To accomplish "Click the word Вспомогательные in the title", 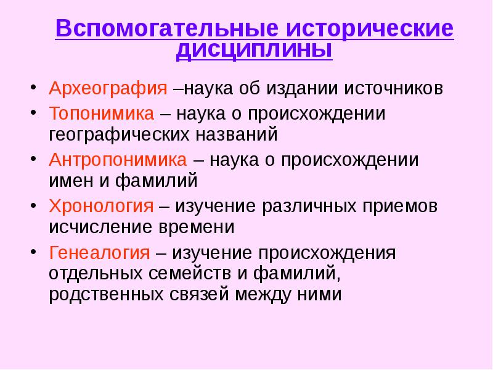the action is pos(167,29).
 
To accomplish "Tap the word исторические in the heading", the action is pos(370,29).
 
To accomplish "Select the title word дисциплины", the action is pos(254,50).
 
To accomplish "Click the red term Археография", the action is pos(108,88).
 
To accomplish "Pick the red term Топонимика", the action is pos(102,113).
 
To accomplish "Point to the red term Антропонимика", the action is pos(118,160).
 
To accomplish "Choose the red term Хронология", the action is pos(101,207).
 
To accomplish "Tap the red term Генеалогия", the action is pos(99,253).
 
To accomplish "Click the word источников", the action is pos(393,88).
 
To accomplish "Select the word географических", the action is pos(119,134).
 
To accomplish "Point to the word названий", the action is pos(237,134).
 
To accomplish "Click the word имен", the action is pos(71,181).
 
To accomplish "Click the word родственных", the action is pos(106,295).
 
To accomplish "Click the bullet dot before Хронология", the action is pos(34,205).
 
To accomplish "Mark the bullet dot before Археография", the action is pos(34,87).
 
